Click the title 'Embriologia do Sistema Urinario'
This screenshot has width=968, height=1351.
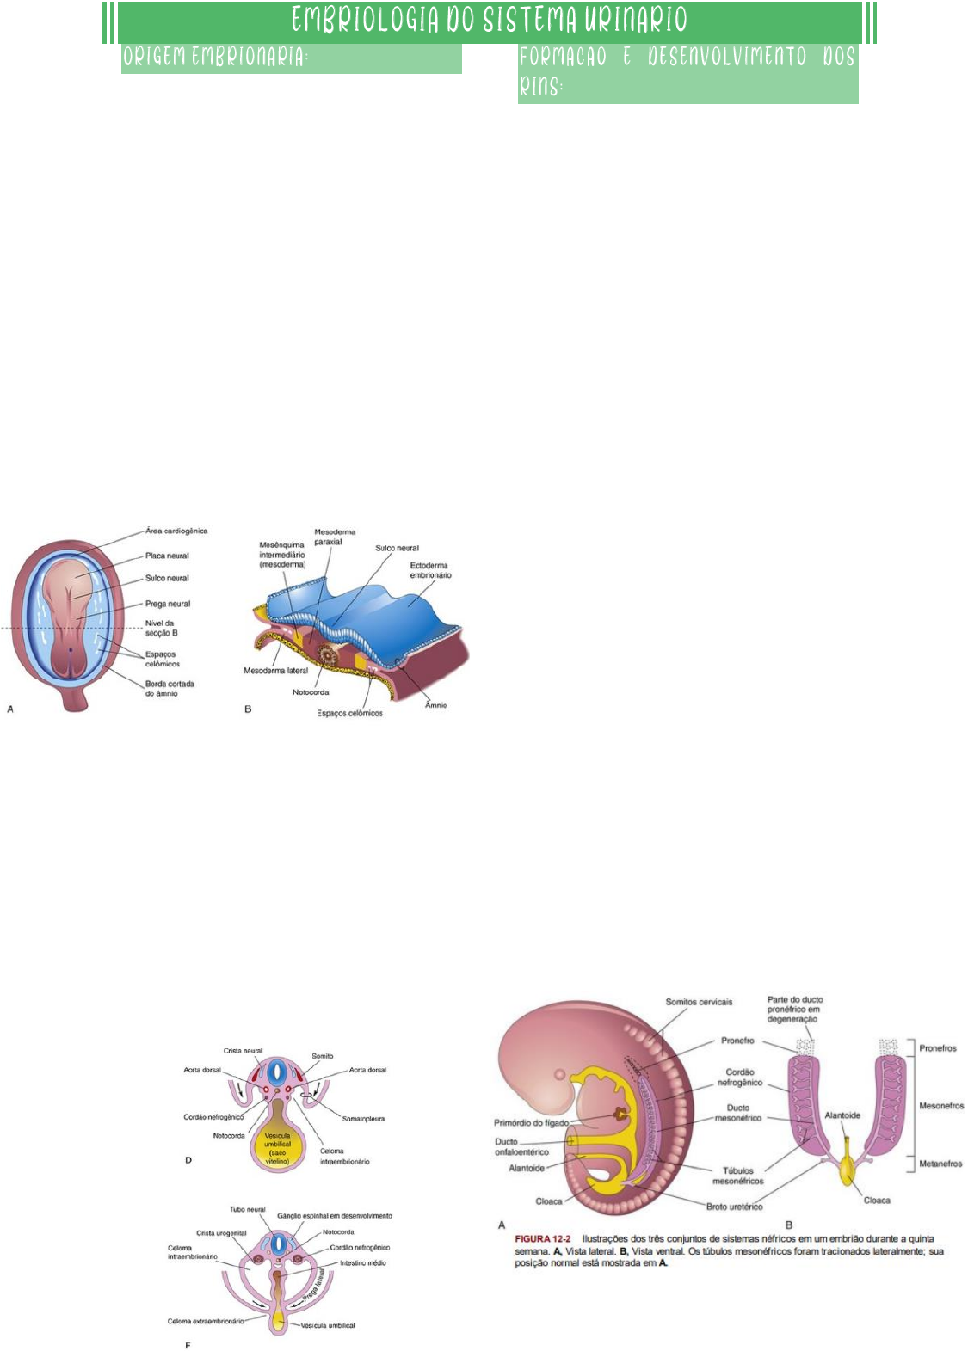[489, 21]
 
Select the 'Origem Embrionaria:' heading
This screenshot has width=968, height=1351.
[215, 58]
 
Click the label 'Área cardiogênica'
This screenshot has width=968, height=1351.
[176, 531]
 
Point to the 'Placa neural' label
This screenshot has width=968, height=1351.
[167, 556]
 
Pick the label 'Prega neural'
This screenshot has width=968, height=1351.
[168, 604]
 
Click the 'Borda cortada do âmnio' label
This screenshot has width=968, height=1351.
[169, 688]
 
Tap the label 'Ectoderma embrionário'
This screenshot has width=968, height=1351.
[430, 570]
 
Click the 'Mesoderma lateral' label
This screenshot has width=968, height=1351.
[275, 671]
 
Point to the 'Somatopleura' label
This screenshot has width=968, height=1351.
[363, 1119]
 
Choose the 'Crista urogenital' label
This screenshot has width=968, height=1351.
[221, 1232]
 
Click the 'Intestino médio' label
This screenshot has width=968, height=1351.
[363, 1263]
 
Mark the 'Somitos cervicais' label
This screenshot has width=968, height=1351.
[699, 1002]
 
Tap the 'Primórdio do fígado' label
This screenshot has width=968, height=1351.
[531, 1122]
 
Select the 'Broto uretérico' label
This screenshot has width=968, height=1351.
[734, 1207]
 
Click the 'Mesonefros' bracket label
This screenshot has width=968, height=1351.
[941, 1106]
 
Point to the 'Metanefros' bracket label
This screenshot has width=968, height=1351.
[940, 1164]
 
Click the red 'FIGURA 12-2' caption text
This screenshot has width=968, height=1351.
[544, 1239]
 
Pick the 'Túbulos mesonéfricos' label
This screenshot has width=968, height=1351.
[737, 1176]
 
